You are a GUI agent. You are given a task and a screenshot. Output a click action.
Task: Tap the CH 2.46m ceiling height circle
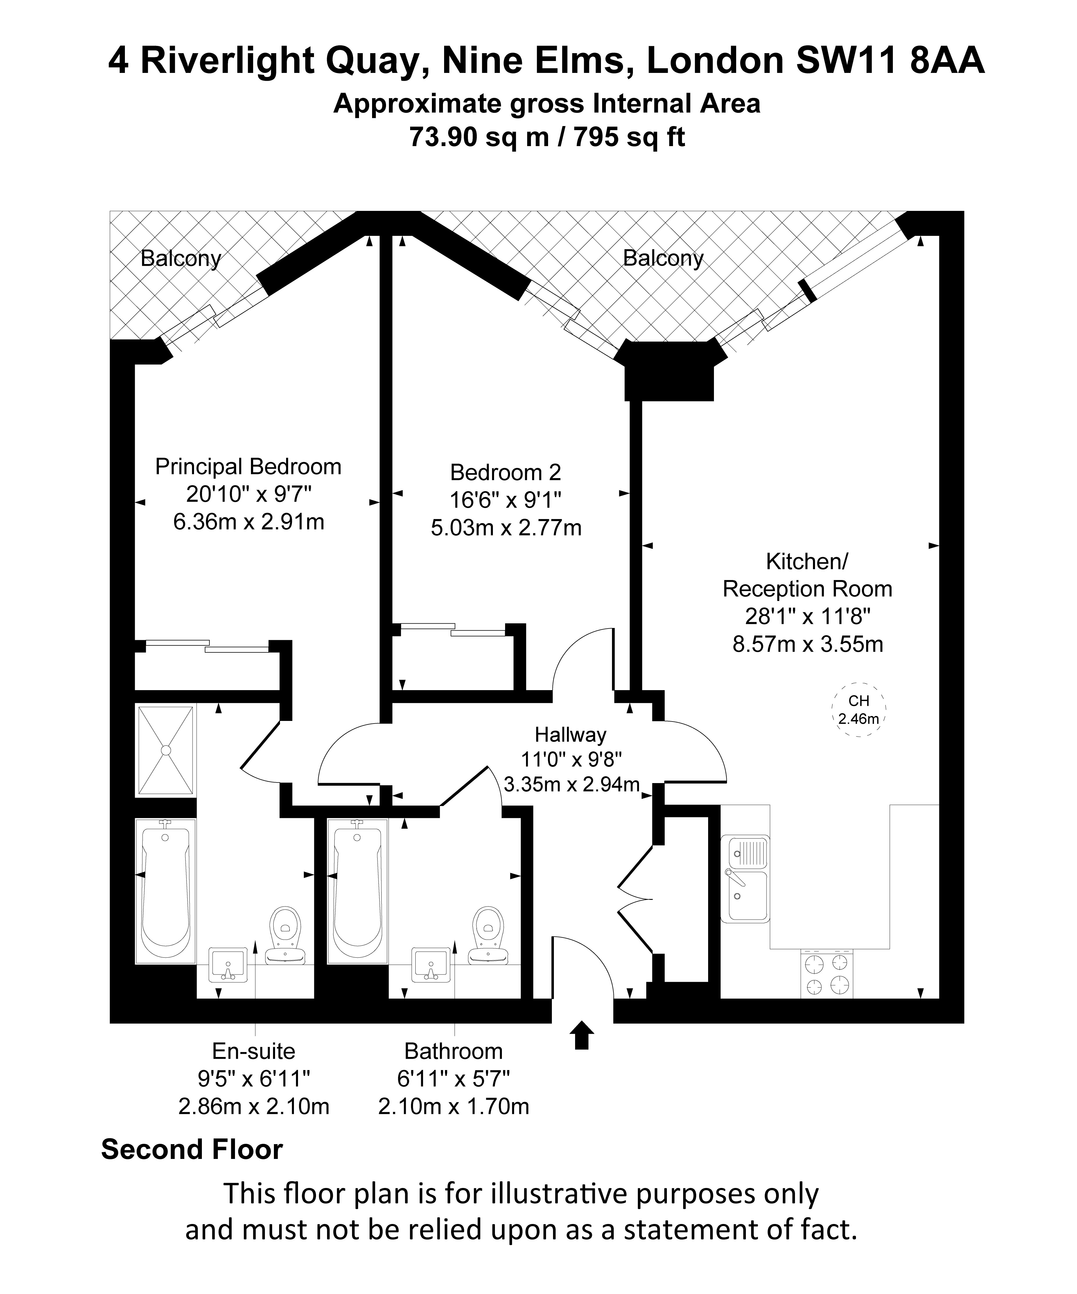(x=859, y=710)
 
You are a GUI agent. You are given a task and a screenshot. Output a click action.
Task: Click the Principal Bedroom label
(x=248, y=466)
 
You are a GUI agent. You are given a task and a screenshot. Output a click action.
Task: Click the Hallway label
(x=570, y=735)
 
